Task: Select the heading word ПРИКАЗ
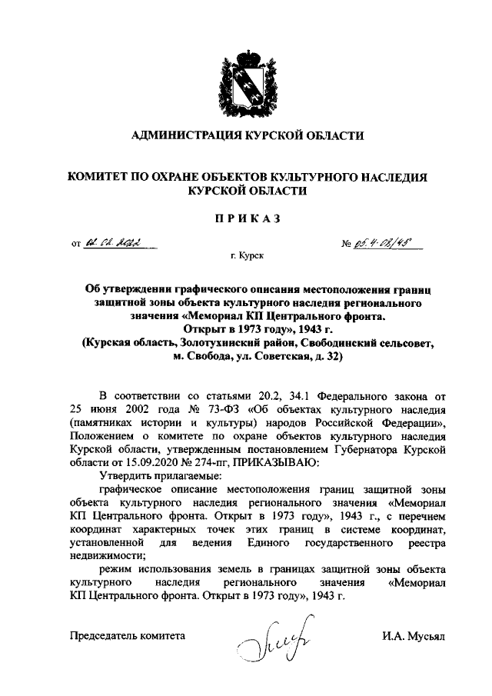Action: point(247,218)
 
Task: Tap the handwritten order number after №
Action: point(384,245)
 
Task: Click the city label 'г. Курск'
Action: point(247,261)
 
